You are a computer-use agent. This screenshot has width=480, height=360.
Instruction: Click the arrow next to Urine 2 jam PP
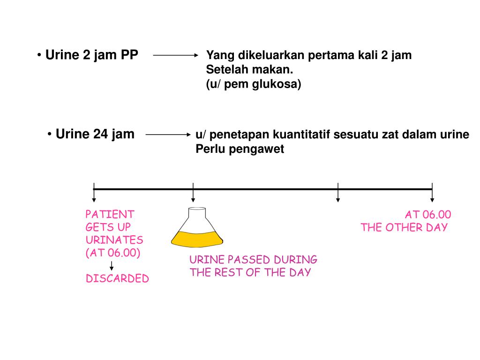click(x=176, y=55)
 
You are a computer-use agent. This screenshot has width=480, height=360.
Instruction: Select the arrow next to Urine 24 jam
click(x=168, y=135)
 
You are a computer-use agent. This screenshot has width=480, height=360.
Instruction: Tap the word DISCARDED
click(x=117, y=278)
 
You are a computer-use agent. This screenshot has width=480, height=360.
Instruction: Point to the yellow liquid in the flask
click(x=197, y=240)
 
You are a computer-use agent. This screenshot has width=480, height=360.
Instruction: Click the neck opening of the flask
click(x=197, y=209)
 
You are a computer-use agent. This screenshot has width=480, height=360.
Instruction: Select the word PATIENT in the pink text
click(x=110, y=214)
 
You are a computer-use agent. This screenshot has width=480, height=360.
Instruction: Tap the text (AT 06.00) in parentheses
click(x=113, y=253)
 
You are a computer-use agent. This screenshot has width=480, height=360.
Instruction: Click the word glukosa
click(x=277, y=84)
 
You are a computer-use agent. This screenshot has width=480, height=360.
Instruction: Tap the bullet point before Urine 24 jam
click(x=49, y=135)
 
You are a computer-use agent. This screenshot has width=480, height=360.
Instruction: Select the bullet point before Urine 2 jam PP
click(x=39, y=55)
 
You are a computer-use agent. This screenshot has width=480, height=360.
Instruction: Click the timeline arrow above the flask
click(x=193, y=193)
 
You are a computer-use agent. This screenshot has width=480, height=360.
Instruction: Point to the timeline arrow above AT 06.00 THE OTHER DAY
click(x=432, y=193)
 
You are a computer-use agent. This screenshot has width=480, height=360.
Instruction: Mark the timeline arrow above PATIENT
click(x=94, y=193)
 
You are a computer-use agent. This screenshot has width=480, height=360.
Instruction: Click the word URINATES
click(x=114, y=240)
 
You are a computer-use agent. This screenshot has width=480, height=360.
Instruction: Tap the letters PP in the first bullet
click(x=129, y=55)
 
